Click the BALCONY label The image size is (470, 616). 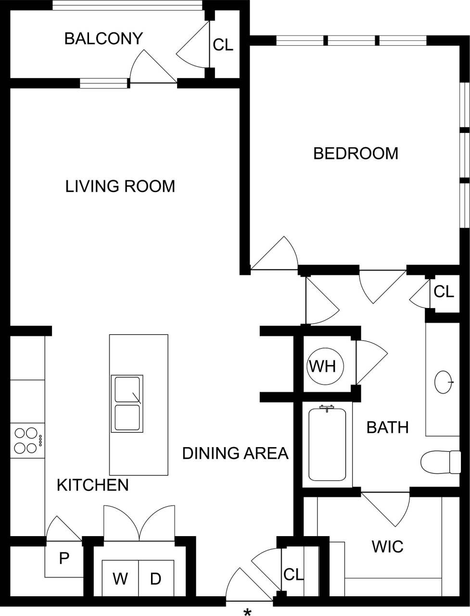coord(103,38)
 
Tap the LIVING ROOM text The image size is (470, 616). coord(120,186)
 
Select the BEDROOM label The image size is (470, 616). coord(356,154)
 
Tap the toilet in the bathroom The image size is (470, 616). coord(440,462)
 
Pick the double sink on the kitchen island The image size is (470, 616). coord(127,403)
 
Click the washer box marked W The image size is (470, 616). coord(120,578)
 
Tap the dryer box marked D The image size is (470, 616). coord(155,578)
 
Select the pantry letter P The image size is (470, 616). coord(64,558)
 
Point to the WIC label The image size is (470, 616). coord(387,547)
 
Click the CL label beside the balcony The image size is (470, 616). coord(223,45)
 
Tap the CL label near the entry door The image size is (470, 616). coord(293,575)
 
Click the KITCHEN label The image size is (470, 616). coord(92,485)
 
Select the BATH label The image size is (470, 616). coord(387,427)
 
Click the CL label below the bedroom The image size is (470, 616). coord(444,292)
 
